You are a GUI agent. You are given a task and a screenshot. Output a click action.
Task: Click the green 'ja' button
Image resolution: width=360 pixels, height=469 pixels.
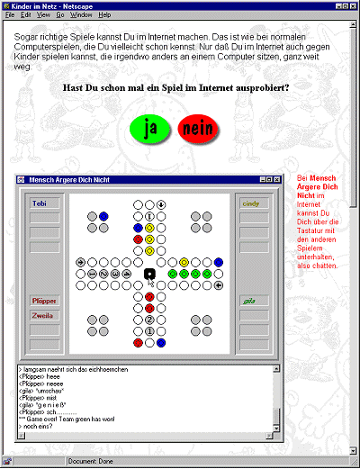[151, 129]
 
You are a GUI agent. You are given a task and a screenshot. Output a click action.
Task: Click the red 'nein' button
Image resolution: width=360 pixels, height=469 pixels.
[198, 129]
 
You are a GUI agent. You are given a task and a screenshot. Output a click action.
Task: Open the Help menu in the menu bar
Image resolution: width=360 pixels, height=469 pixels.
[105, 15]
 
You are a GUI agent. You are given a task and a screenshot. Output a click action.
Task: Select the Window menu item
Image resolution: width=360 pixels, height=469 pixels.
[81, 15]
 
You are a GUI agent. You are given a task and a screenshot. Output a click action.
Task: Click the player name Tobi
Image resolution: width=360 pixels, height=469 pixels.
[40, 203]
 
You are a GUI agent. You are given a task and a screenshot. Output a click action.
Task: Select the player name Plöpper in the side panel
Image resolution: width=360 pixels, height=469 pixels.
[44, 301]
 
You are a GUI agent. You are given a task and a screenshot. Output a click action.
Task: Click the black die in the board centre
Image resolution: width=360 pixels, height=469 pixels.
[149, 274]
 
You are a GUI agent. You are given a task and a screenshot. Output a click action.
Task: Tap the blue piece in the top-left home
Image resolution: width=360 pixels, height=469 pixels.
[103, 216]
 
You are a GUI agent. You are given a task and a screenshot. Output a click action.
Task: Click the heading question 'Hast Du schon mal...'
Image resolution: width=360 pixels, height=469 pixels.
[176, 88]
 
